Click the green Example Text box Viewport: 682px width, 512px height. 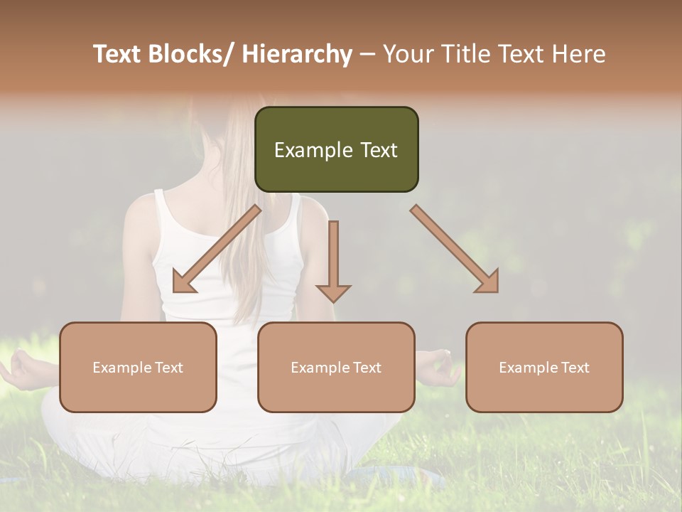(x=336, y=149)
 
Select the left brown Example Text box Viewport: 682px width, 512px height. (x=138, y=367)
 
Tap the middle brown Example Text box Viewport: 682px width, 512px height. (x=336, y=367)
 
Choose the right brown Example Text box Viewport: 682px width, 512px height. (x=544, y=367)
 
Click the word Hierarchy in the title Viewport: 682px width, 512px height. (x=297, y=54)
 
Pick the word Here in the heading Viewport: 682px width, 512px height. (x=578, y=54)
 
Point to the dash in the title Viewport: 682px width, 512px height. (x=367, y=55)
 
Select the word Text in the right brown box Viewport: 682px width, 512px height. (x=575, y=367)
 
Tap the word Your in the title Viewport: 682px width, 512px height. (x=408, y=54)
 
